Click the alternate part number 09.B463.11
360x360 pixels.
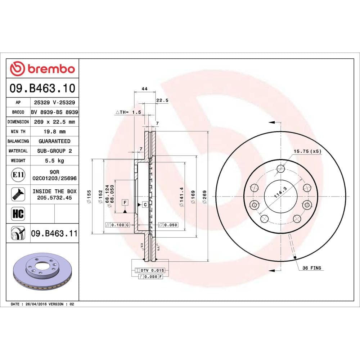click(54, 234)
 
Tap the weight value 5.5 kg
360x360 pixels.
click(54, 161)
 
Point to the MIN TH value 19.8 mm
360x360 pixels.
click(54, 131)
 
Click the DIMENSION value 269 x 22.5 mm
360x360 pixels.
click(54, 122)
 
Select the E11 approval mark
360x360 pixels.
click(18, 175)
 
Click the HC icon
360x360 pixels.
click(18, 214)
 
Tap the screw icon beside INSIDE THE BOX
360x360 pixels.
click(18, 194)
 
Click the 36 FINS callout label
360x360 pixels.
click(311, 268)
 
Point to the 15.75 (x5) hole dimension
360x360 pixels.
click(307, 151)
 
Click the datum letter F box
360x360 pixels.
click(125, 202)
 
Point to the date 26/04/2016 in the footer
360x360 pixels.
click(35, 304)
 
